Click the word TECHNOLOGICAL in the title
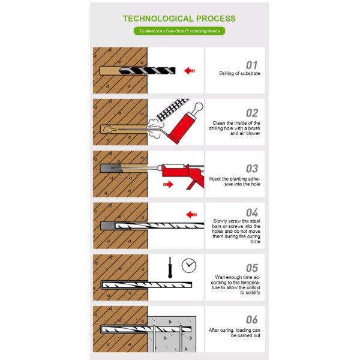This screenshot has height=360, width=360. (x=158, y=19)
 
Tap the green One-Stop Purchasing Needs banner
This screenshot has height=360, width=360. (x=179, y=31)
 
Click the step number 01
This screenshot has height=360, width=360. (x=252, y=65)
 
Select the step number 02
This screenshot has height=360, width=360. (x=252, y=113)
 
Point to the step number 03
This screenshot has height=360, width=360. (x=252, y=169)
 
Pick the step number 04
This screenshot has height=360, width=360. (x=252, y=212)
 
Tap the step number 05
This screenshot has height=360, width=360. (x=252, y=268)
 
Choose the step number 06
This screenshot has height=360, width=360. (x=252, y=320)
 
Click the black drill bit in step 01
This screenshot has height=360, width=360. (x=147, y=71)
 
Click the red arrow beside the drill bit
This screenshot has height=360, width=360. (x=190, y=71)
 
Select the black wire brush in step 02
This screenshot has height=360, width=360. (x=172, y=109)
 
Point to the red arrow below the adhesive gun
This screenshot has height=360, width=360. (x=168, y=184)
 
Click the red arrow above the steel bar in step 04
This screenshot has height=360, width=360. (x=192, y=215)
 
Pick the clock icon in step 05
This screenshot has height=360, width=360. (x=189, y=266)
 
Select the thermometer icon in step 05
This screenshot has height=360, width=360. (x=170, y=268)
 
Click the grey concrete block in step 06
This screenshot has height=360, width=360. (x=172, y=334)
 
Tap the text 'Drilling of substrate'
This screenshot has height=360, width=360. (x=239, y=73)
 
